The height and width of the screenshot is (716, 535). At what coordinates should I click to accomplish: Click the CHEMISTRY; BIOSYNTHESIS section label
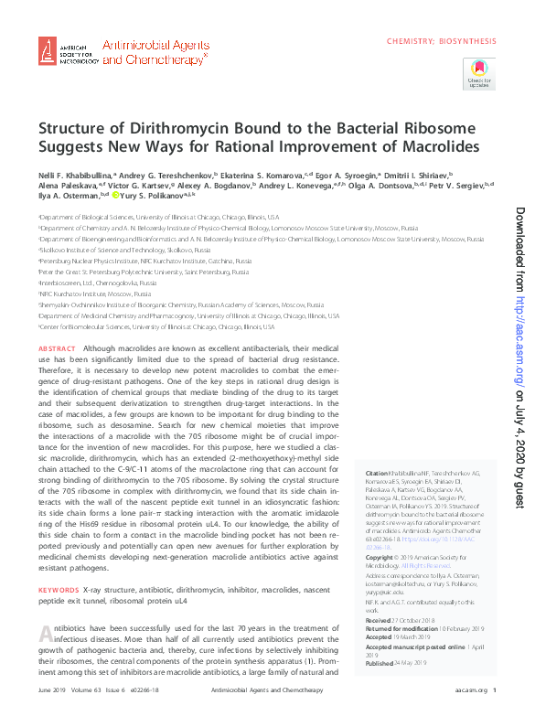442,41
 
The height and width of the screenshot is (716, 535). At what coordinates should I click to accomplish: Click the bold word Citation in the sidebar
365,473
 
